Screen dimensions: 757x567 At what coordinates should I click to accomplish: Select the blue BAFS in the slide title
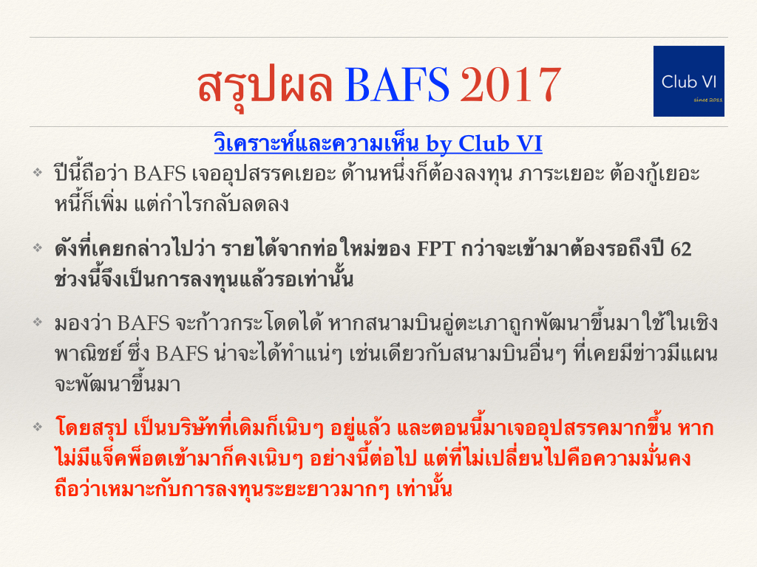(x=397, y=85)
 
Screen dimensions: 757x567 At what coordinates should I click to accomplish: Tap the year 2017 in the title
(x=510, y=85)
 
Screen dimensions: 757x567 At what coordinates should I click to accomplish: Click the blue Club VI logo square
(x=688, y=81)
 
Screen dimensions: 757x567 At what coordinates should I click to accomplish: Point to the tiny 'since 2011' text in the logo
(x=707, y=100)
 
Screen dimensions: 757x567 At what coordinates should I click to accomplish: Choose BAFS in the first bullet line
(x=160, y=173)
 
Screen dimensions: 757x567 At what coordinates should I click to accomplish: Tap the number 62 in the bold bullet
(x=681, y=250)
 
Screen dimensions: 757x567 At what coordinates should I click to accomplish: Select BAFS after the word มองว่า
(x=143, y=323)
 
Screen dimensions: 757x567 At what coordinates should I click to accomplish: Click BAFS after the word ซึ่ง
(x=182, y=354)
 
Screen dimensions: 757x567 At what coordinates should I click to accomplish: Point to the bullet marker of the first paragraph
(x=38, y=172)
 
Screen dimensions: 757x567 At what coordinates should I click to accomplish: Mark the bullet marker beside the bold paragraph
(x=38, y=248)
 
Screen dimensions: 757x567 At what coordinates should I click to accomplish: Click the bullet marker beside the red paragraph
(x=38, y=426)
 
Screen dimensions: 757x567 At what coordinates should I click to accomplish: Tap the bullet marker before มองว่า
(x=38, y=322)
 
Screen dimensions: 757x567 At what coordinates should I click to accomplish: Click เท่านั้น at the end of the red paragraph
(x=424, y=489)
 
